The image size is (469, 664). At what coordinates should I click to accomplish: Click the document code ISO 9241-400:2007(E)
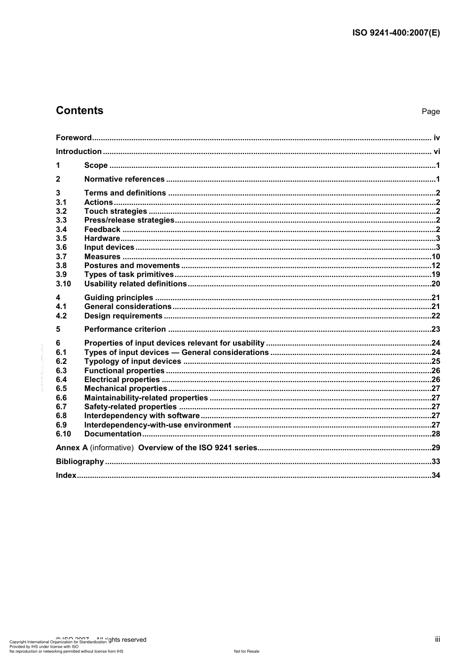(x=396, y=33)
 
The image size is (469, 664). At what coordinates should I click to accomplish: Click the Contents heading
(x=79, y=111)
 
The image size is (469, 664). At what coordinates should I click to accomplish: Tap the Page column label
(x=430, y=112)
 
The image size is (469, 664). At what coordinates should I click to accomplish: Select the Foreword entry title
(x=74, y=138)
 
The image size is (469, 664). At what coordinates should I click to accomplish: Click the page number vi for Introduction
(x=436, y=152)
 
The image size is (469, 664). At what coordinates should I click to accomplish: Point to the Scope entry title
(x=96, y=165)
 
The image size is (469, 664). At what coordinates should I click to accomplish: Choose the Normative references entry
(x=124, y=179)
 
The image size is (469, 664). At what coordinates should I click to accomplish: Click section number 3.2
(x=61, y=211)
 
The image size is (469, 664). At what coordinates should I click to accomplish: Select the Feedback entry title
(x=102, y=230)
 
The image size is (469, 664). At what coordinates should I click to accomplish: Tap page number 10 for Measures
(x=435, y=257)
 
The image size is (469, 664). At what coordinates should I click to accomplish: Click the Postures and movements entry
(x=132, y=266)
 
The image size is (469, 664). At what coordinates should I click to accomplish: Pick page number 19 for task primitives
(x=435, y=274)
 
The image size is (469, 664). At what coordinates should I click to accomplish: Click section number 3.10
(x=63, y=284)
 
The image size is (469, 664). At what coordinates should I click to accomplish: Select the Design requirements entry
(x=123, y=316)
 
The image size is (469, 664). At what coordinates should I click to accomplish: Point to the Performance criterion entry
(x=125, y=329)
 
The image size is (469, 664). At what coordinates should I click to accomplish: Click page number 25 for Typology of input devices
(x=435, y=361)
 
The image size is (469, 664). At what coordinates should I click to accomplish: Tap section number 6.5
(x=61, y=389)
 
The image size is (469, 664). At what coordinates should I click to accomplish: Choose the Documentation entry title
(x=113, y=434)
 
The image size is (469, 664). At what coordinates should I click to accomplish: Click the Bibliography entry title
(x=79, y=462)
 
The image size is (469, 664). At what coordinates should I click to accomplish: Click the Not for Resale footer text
(x=246, y=651)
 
